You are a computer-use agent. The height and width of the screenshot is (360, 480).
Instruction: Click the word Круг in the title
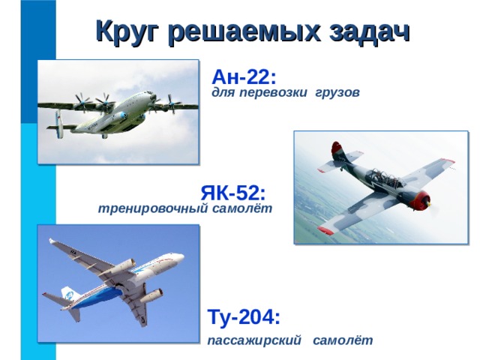pos(128,31)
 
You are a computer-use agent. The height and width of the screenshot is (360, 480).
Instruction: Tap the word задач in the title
pos(370,31)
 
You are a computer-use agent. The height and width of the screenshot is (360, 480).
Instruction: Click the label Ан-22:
pos(244,76)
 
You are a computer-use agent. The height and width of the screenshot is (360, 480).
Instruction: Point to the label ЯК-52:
pos(233,193)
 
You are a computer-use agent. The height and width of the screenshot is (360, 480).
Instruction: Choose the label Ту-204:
pos(244,316)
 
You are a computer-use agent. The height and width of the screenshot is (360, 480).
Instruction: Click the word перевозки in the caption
pos(273,92)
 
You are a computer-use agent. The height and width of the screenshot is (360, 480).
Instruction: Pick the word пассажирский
pos(254,340)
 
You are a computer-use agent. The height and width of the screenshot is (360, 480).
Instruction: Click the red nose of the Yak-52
pos(420,200)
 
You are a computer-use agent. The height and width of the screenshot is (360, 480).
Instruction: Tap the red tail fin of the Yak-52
pos(337,151)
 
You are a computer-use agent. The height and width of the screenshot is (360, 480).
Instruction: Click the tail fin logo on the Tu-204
pos(69,295)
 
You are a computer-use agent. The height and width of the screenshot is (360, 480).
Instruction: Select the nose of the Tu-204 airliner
pos(180,256)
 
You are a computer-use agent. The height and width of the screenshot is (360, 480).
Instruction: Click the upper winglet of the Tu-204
pos(52,241)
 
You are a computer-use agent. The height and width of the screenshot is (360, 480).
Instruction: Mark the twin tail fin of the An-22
pos(59,124)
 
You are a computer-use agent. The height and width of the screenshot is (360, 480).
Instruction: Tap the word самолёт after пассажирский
pos(343,340)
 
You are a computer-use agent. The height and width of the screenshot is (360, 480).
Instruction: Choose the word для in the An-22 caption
pos(223,93)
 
